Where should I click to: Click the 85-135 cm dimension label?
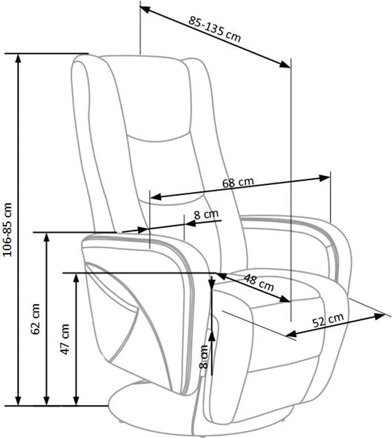pyautogui.click(x=214, y=29)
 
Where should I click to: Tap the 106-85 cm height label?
pyautogui.click(x=7, y=229)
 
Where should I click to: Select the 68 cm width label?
pyautogui.click(x=238, y=182)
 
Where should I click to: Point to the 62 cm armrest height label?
pyautogui.click(x=36, y=318)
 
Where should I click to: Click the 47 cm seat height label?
pyautogui.click(x=65, y=339)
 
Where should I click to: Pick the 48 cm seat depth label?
pyautogui.click(x=259, y=282)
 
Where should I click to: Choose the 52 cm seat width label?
pyautogui.click(x=328, y=320)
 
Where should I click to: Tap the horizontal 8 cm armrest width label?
pyautogui.click(x=206, y=215)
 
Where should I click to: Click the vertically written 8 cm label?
pyautogui.click(x=204, y=357)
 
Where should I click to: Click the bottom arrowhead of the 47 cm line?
pyautogui.click(x=76, y=400)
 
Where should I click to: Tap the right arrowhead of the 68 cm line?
pyautogui.click(x=325, y=178)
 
